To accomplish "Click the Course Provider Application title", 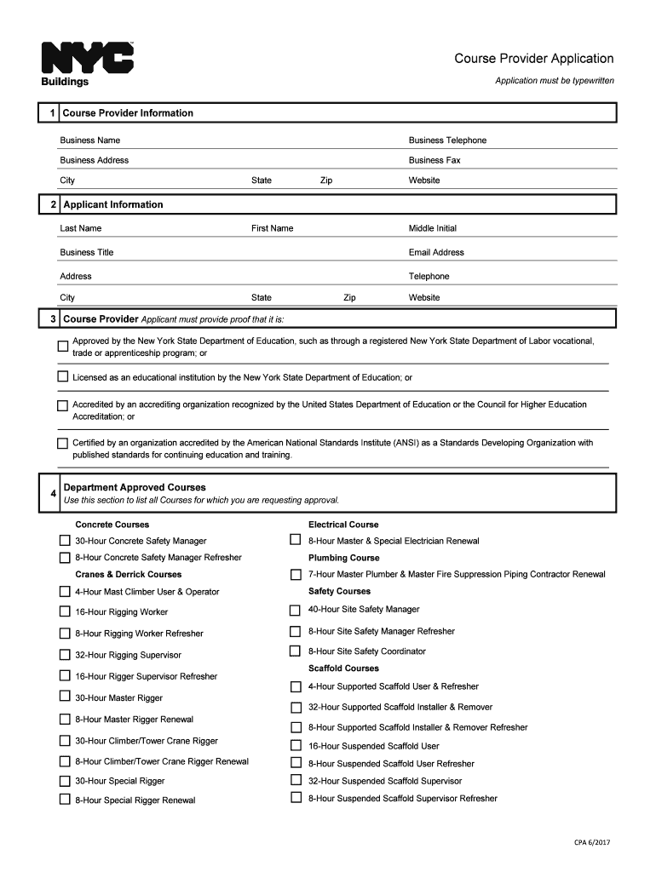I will tap(533, 59).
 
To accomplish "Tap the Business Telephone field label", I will tap(447, 141).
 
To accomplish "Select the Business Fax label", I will tap(434, 160).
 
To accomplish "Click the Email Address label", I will tap(436, 252).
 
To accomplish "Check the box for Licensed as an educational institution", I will tap(63, 376).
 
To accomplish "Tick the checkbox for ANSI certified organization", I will tap(63, 444).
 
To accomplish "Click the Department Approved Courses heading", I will tap(135, 488).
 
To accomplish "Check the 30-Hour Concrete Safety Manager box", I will tap(65, 541).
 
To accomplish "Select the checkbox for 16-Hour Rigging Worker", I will tap(65, 611).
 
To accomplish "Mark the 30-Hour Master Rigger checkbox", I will tap(65, 697).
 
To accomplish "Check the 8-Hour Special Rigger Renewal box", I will tap(65, 800).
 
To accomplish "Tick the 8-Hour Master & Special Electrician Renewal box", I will tap(296, 540).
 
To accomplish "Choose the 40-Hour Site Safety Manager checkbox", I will tap(296, 610).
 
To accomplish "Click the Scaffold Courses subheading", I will tap(343, 668).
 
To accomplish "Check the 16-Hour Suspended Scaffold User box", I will tap(296, 745).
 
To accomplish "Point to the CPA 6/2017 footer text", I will tap(591, 843).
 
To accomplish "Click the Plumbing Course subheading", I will tap(344, 558).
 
